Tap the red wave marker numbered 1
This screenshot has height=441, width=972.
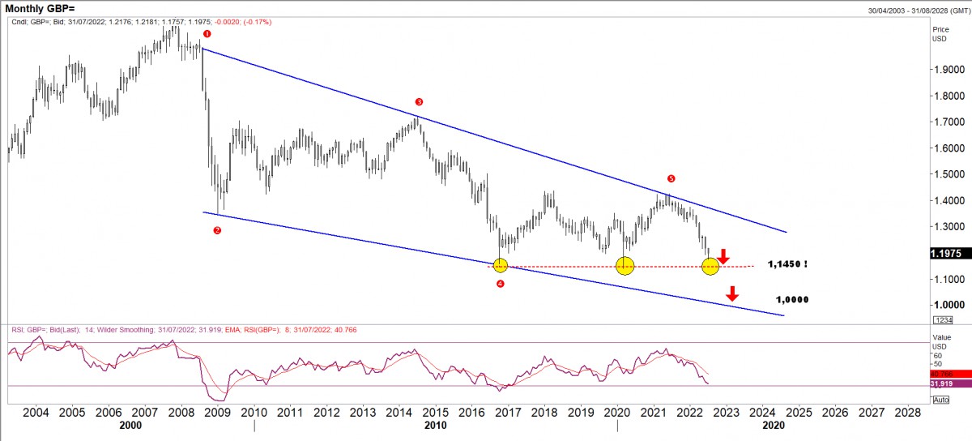tap(207, 34)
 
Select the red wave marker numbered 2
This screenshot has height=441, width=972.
tap(217, 230)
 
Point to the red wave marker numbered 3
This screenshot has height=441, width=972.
tap(419, 102)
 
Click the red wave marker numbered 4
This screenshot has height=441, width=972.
tap(500, 284)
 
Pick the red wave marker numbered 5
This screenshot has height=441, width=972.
tap(671, 178)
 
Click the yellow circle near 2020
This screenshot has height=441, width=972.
tap(625, 265)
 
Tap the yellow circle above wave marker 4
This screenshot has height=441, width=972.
tap(500, 265)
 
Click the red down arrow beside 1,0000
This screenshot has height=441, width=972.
tap(732, 293)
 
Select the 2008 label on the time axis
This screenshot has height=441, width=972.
tap(181, 412)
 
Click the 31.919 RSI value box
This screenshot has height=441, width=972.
tap(946, 383)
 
